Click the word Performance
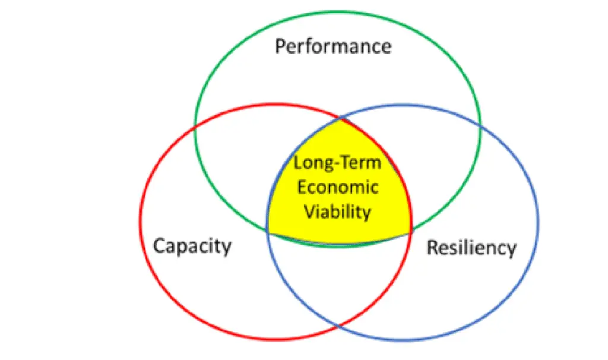pyautogui.click(x=333, y=46)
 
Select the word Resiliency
pyautogui.click(x=471, y=248)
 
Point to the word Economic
pyautogui.click(x=338, y=187)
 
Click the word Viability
pyautogui.click(x=338, y=211)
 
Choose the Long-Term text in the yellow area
pyautogui.click(x=338, y=163)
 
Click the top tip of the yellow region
pyautogui.click(x=340, y=119)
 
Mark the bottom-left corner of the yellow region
pyautogui.click(x=268, y=232)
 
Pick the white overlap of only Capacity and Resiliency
pyautogui.click(x=339, y=279)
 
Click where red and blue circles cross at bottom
pyautogui.click(x=339, y=326)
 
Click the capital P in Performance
pyautogui.click(x=281, y=46)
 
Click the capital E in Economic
pyautogui.click(x=302, y=187)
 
